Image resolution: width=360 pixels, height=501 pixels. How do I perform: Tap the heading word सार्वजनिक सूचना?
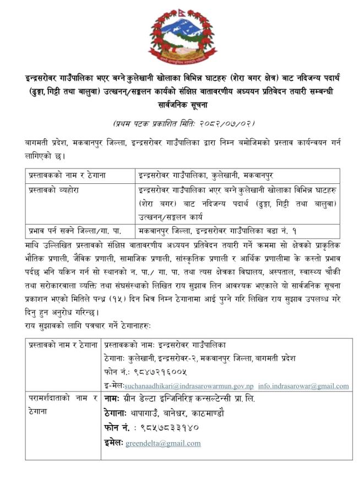[180, 104]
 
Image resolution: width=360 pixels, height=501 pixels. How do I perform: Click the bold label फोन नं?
[116, 428]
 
